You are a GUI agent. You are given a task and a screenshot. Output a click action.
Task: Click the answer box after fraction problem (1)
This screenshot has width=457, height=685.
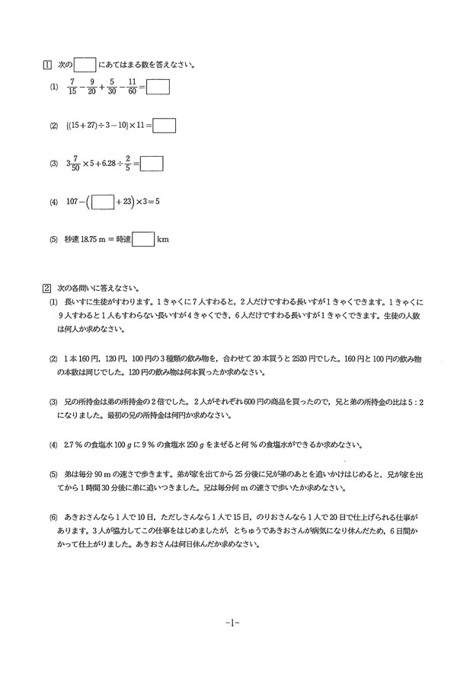[x=157, y=88]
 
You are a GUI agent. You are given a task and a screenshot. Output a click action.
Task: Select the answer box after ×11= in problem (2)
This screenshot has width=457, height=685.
[x=165, y=125]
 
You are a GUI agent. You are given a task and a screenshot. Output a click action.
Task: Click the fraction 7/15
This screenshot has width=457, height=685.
[x=72, y=88]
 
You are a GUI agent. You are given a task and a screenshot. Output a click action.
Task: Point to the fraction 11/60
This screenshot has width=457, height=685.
[x=132, y=88]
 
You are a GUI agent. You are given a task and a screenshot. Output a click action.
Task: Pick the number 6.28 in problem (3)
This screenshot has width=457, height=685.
[x=110, y=164]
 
